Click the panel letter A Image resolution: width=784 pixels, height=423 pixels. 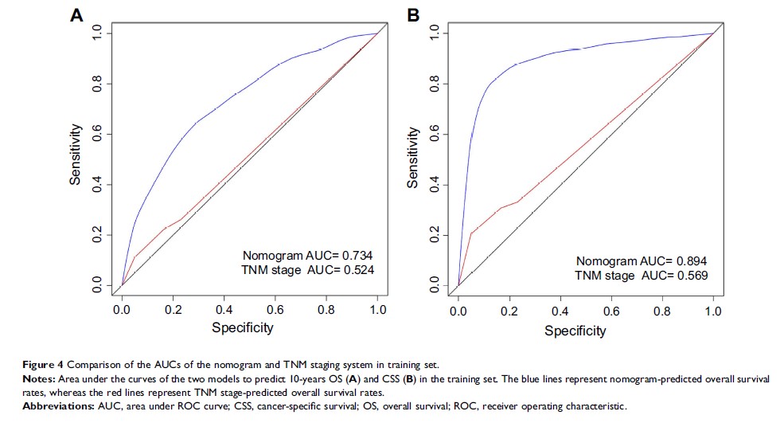click(76, 15)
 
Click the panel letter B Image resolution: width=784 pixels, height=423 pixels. click(414, 15)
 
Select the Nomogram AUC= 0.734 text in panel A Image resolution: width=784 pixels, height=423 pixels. click(308, 255)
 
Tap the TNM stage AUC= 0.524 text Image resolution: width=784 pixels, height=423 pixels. click(308, 270)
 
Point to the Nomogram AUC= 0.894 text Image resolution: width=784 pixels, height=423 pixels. click(642, 260)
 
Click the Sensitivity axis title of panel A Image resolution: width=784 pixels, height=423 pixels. click(76, 154)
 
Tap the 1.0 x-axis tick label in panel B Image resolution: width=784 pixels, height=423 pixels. click(713, 310)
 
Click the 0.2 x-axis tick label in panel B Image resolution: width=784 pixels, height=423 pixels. click(509, 310)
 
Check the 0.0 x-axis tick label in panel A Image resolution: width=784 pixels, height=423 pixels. click(121, 307)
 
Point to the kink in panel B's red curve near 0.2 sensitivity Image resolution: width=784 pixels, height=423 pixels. click(470, 233)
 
